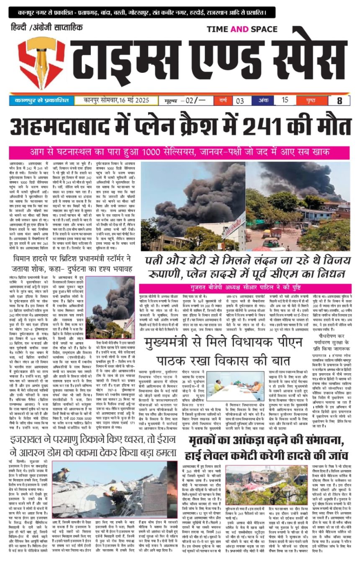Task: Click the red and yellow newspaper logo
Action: tap(36, 63)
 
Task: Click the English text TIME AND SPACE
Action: tap(242, 29)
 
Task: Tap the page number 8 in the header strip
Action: tap(339, 100)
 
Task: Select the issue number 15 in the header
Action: tap(285, 100)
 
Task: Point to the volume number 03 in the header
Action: tap(239, 101)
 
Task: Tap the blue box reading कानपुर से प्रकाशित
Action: tap(41, 100)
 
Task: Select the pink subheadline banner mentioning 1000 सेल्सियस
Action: tap(179, 152)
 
